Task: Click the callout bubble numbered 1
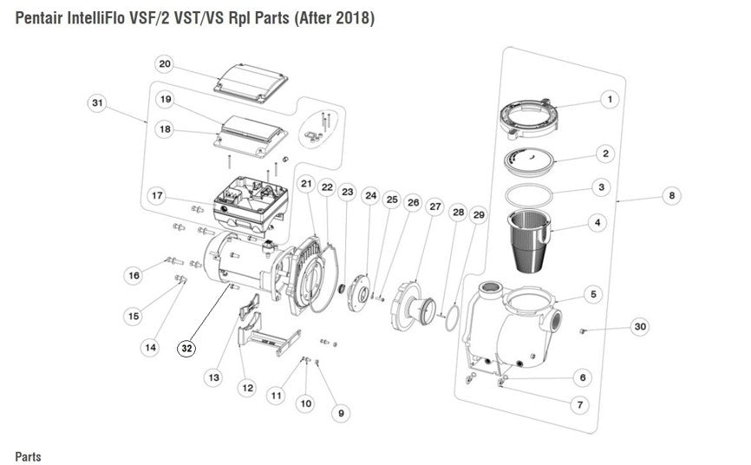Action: (x=610, y=100)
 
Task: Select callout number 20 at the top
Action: (x=165, y=65)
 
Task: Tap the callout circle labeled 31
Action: (x=98, y=103)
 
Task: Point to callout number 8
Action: (x=671, y=196)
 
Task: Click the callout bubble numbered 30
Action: (x=640, y=327)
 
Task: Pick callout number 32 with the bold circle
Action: (x=186, y=348)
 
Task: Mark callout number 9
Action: (x=341, y=414)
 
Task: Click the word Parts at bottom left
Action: (x=28, y=456)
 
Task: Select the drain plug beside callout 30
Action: (x=583, y=330)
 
